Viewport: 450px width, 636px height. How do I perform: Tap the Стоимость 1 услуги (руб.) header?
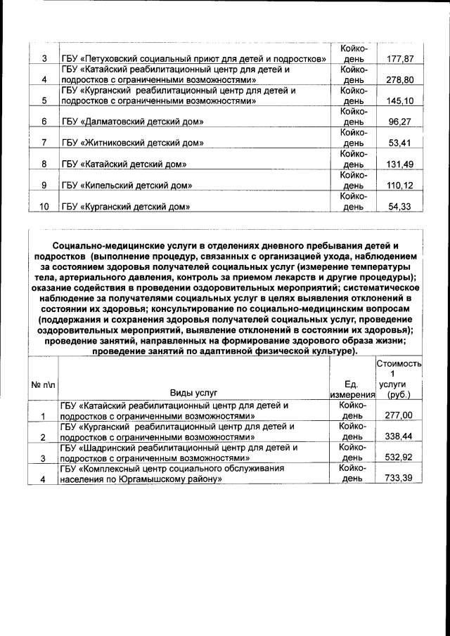click(399, 379)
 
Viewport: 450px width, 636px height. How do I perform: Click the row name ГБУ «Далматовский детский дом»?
click(133, 122)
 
